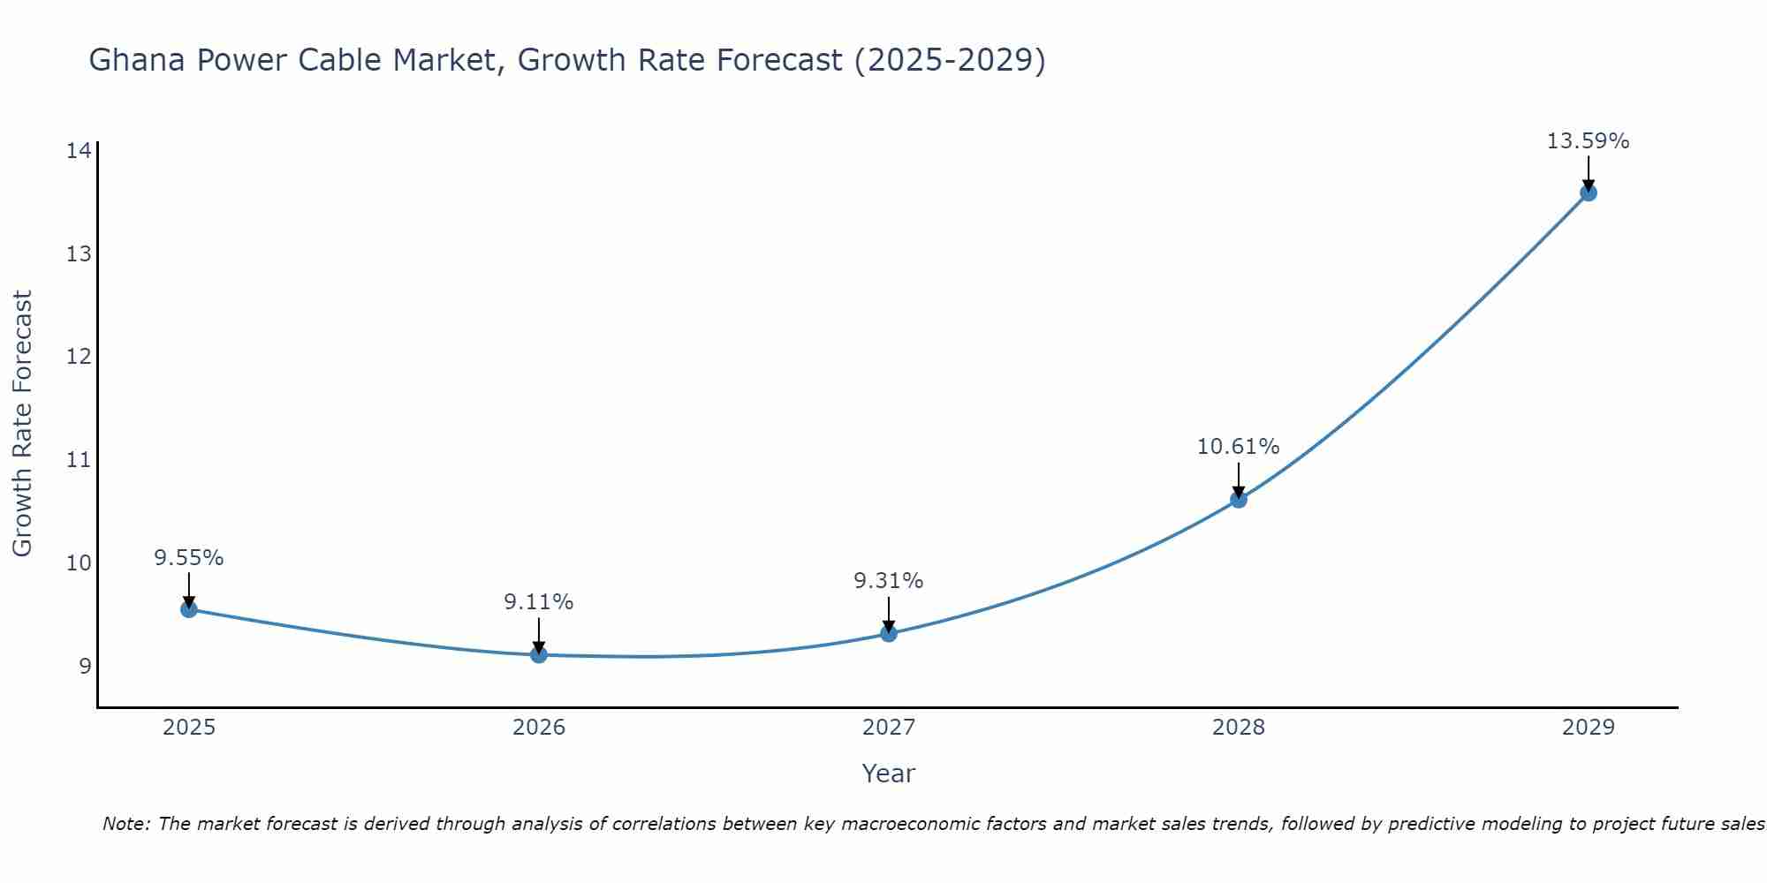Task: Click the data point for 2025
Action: coord(188,608)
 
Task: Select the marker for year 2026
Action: coord(538,654)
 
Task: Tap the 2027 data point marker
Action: coord(889,633)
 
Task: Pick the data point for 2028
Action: coord(1239,500)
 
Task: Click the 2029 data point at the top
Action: coord(1588,192)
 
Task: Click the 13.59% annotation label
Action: coord(1588,141)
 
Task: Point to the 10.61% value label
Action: coord(1238,447)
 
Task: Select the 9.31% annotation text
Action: coord(888,581)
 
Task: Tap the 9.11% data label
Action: coord(538,602)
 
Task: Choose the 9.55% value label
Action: coord(188,558)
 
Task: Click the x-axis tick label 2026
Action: coord(539,728)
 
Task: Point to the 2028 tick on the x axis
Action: coord(1239,728)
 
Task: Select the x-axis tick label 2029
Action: coord(1588,728)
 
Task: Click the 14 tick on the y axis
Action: coord(79,151)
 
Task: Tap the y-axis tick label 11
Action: coord(79,460)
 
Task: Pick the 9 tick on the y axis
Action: coord(85,666)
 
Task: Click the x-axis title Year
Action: coord(888,774)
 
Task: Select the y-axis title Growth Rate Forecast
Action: coord(22,423)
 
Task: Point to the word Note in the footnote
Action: coord(126,824)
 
